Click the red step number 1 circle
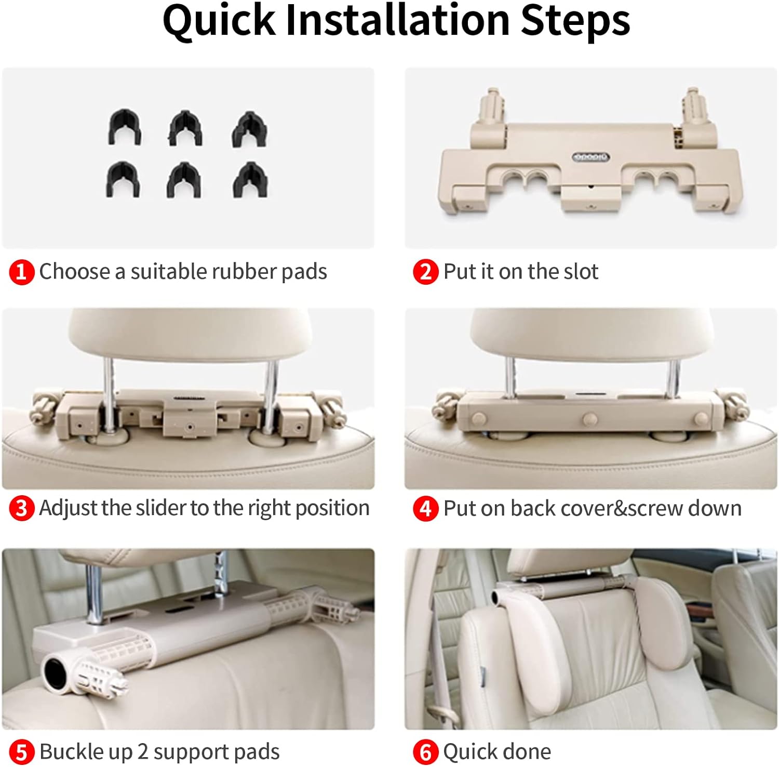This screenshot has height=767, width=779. pos(21,272)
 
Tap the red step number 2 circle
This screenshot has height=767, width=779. pos(425,272)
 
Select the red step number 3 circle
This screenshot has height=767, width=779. pos(21,508)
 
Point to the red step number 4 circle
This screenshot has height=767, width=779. pos(425,508)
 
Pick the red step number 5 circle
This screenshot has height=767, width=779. pos(21,752)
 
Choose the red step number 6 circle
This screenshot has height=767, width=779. pos(425,752)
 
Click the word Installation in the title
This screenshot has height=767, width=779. pos(398,21)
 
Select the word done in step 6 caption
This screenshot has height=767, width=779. pos(527,751)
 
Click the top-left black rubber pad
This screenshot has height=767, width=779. pos(125,127)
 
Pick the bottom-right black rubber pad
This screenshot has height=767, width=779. pos(250,180)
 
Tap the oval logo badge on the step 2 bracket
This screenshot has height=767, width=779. pos(591,157)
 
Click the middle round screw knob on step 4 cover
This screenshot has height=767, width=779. pos(590,419)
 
